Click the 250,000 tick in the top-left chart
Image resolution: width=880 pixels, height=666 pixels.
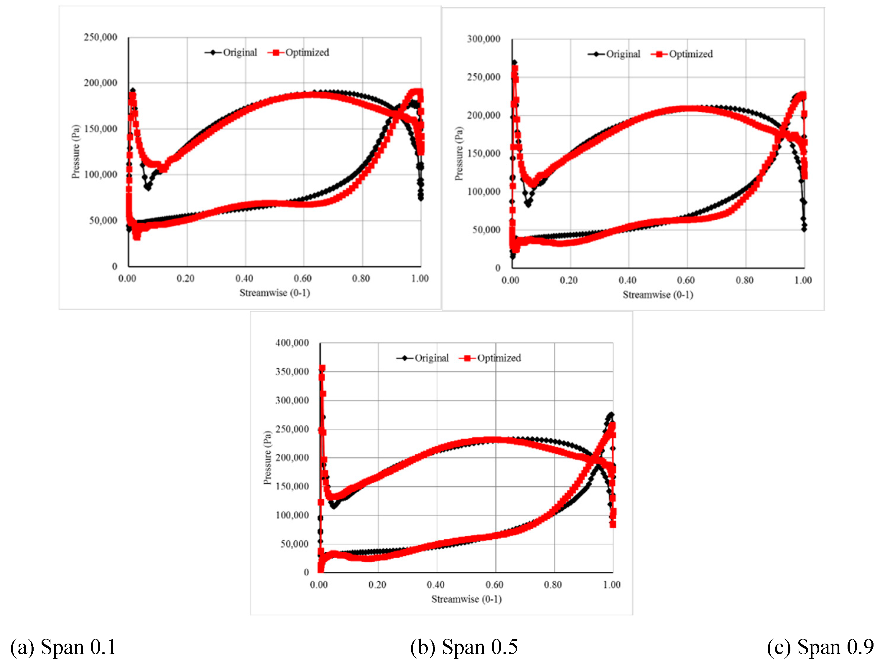point(100,37)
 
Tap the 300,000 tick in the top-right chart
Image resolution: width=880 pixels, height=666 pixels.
point(483,39)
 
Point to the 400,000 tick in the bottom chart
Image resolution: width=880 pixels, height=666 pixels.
point(292,343)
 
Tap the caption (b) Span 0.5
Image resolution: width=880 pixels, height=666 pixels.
point(464,647)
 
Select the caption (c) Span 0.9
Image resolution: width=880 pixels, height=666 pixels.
point(820,647)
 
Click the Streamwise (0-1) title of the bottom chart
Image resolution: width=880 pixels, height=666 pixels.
point(466,599)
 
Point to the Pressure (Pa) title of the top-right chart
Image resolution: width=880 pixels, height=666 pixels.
point(459,153)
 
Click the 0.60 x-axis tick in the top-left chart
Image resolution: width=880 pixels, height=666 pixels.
point(303,278)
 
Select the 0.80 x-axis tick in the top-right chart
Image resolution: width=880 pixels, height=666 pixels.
point(744,280)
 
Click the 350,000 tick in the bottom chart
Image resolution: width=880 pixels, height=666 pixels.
point(292,372)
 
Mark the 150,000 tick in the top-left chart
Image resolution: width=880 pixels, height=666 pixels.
point(100,129)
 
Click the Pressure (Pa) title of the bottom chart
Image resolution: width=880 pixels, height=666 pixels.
point(267,458)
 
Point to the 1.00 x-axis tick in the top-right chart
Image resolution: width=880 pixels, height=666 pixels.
point(803,280)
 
